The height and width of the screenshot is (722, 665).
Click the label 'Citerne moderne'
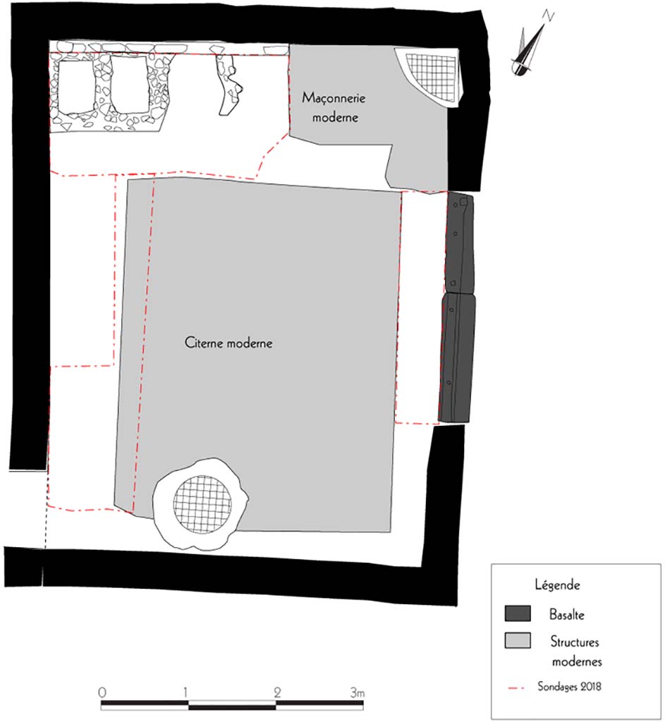click(x=228, y=343)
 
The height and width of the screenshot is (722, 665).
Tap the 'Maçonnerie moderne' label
click(x=334, y=106)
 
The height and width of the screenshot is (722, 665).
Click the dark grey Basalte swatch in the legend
click(x=517, y=613)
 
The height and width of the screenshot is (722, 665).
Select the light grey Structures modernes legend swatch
click(x=517, y=642)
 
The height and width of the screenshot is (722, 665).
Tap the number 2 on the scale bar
click(x=275, y=692)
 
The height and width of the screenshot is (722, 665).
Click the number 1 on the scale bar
click(x=186, y=692)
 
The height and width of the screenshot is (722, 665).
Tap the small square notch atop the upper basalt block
click(x=464, y=202)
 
